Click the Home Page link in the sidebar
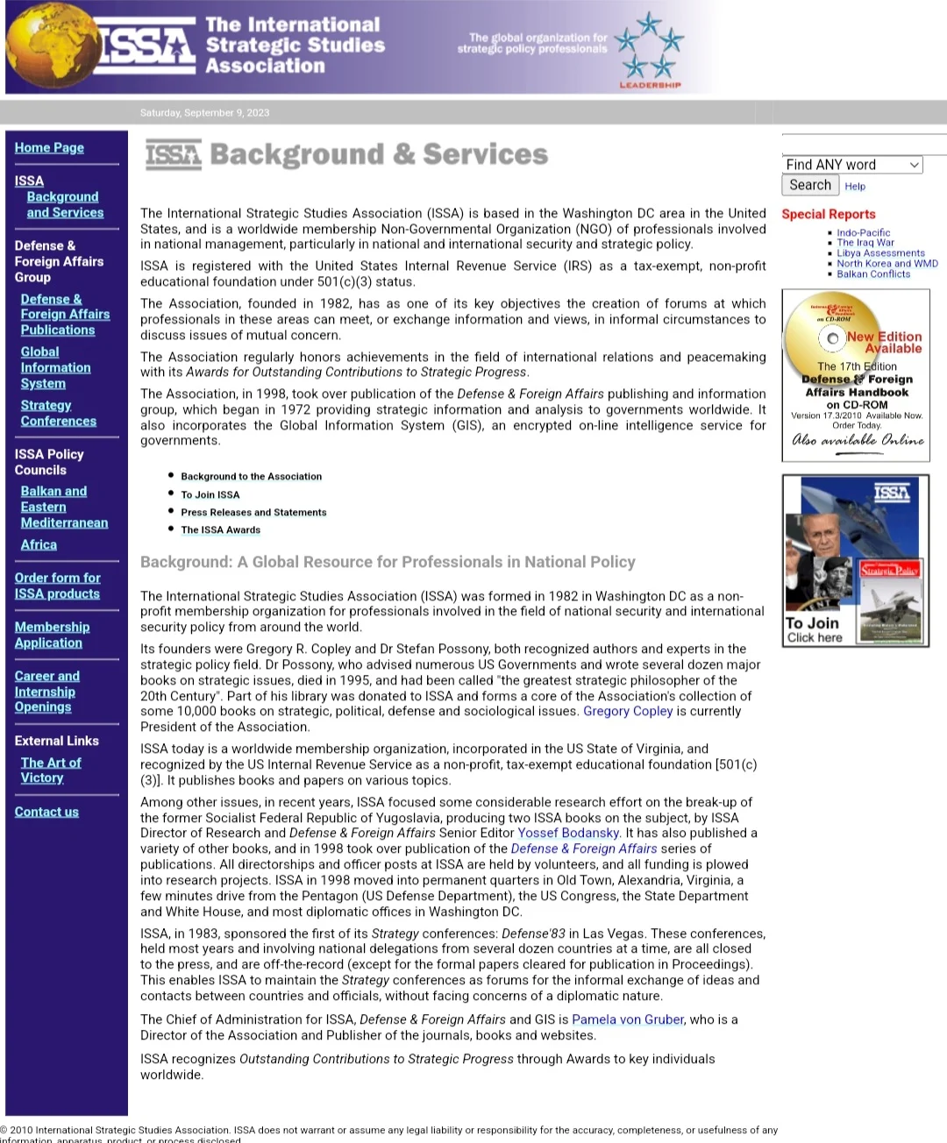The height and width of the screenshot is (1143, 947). point(49,148)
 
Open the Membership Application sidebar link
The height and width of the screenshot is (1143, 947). point(52,635)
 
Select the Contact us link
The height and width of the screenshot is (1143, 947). point(46,812)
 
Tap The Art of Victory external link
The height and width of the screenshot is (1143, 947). point(50,770)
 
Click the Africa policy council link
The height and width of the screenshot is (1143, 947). point(39,544)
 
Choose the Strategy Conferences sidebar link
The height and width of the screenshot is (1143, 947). point(58,413)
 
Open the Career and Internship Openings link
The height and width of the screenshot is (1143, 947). point(46,692)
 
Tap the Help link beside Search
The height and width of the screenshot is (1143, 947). point(855,186)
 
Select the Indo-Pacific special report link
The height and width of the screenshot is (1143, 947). point(863,233)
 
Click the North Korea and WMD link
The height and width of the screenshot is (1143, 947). point(886,263)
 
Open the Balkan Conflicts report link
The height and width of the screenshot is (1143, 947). point(873,273)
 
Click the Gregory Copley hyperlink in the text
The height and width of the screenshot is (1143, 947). point(628,711)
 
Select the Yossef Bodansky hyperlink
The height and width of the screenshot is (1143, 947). point(568,833)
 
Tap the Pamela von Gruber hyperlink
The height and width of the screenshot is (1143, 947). point(628,1019)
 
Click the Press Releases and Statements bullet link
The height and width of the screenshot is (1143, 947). point(253,512)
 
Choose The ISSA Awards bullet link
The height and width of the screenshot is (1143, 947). point(221,529)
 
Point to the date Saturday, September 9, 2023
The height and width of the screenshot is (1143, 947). point(204,112)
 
